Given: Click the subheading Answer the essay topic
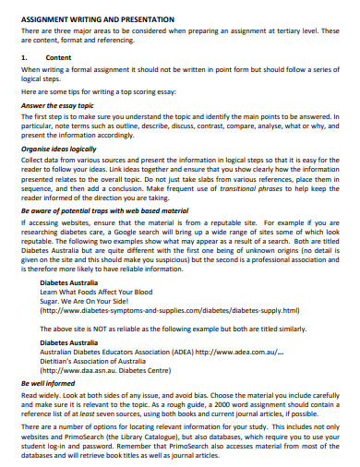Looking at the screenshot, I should pyautogui.click(x=60, y=104).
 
